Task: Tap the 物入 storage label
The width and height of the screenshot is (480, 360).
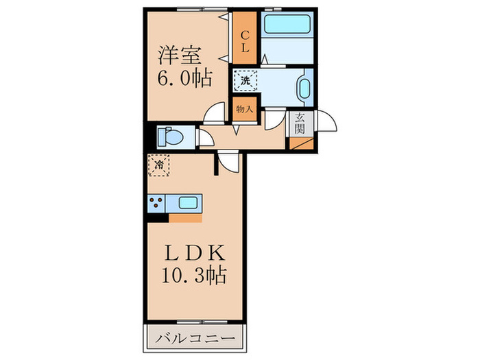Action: [245, 108]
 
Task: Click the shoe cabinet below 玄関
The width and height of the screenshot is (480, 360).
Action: [301, 144]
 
